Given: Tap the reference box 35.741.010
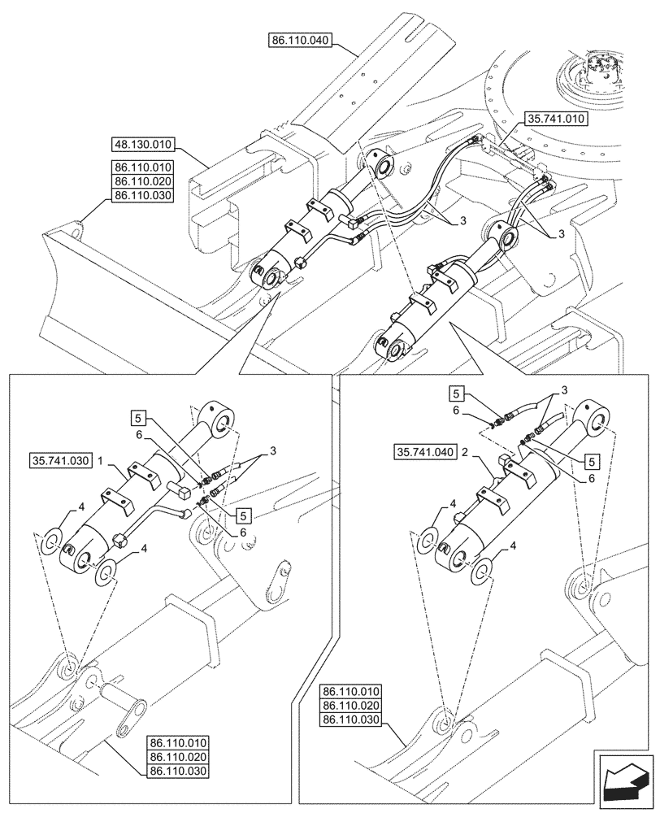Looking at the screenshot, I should point(554,119).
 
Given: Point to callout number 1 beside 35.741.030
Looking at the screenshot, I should point(100,459).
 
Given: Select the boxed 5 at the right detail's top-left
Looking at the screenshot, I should point(458,394).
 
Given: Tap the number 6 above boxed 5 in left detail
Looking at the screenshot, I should point(139,434).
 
